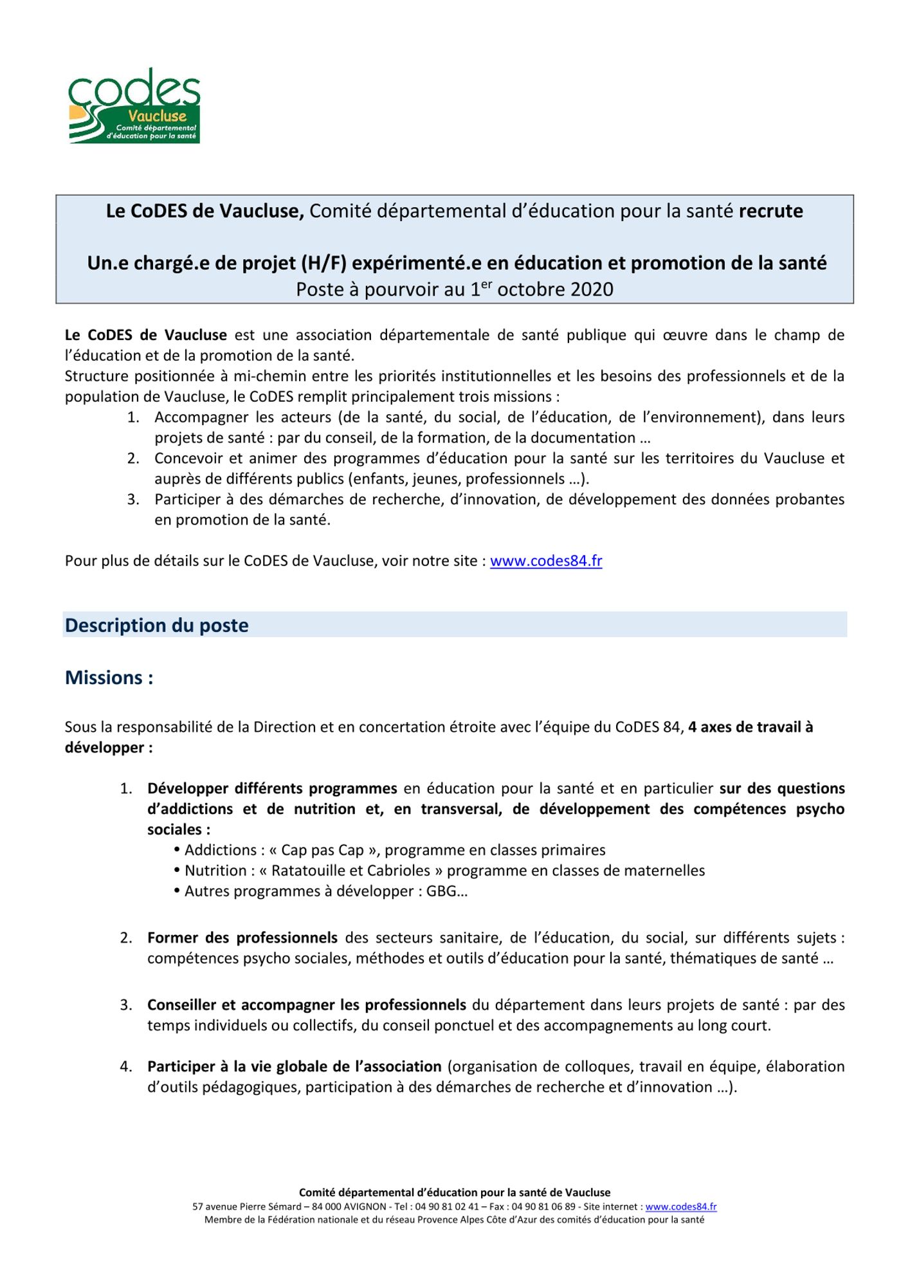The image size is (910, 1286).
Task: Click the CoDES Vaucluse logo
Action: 134,106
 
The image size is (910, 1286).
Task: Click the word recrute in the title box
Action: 770,211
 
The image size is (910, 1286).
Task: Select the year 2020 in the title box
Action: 592,289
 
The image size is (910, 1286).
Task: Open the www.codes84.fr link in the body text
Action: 546,561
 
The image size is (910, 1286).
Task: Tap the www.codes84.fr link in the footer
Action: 681,1207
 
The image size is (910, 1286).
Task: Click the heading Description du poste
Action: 156,625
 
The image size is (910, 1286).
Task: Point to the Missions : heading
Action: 109,677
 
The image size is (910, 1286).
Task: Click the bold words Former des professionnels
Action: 242,937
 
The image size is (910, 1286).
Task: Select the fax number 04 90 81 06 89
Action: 544,1207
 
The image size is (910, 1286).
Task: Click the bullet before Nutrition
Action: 177,871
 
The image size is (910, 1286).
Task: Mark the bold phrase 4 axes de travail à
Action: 751,727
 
